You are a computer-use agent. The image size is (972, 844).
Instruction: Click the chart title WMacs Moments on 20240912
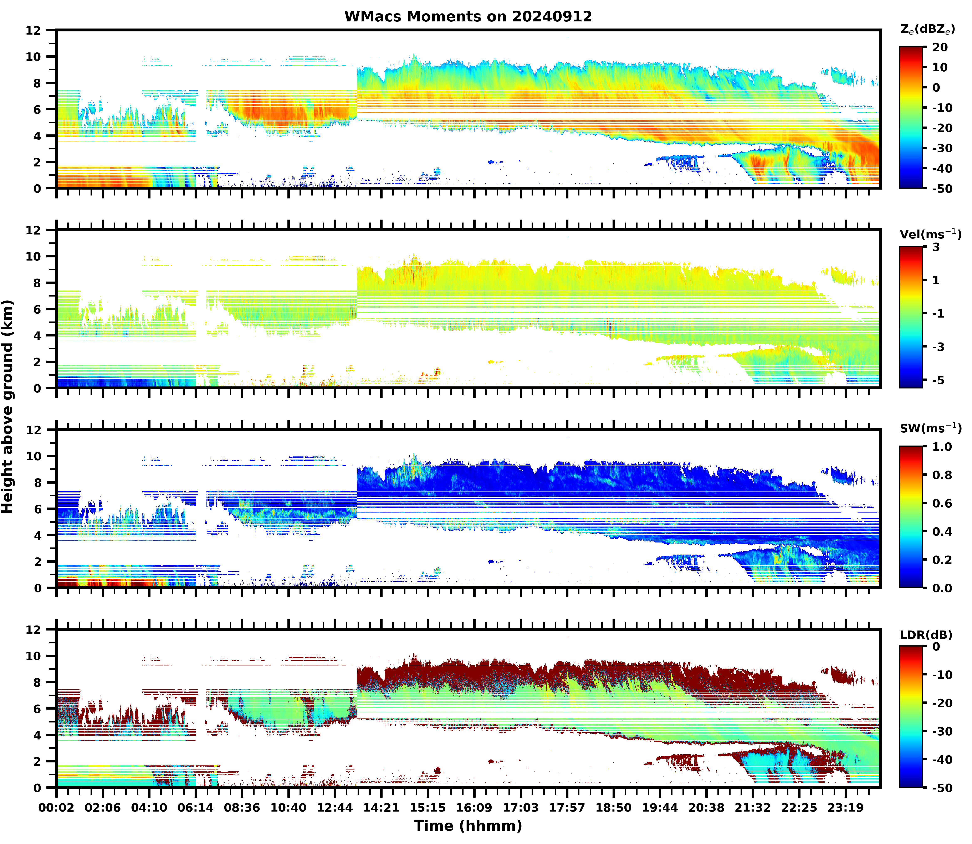[x=468, y=16]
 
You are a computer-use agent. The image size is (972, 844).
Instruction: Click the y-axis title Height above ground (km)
[x=7, y=406]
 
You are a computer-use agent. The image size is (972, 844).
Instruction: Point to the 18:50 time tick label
[x=613, y=808]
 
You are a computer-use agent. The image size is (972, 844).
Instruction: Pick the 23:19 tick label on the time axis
[x=846, y=808]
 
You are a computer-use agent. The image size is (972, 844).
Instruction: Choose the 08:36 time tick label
[x=242, y=808]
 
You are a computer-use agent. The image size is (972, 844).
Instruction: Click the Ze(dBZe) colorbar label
[x=927, y=29]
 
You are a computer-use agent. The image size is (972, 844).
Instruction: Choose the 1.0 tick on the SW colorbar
[x=942, y=447]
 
